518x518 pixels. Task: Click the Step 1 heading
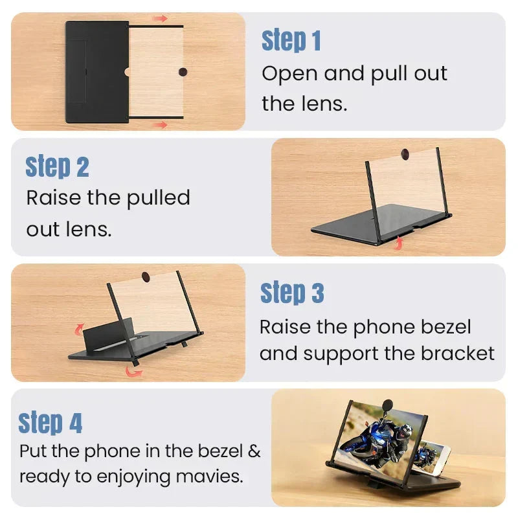291,40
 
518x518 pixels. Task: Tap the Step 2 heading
57,166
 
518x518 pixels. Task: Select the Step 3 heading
292,293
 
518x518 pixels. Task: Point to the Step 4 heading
51,423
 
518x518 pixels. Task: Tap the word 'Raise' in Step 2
54,197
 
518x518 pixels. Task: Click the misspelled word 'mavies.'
209,477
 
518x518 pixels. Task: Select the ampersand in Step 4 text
254,451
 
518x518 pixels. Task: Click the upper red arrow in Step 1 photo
161,19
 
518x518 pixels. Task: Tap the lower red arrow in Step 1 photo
161,125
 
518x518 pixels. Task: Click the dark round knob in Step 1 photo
183,72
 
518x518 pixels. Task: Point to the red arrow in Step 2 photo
399,243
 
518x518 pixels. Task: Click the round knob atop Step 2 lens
405,154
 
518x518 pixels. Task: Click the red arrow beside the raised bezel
79,329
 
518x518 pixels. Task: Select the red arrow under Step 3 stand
134,371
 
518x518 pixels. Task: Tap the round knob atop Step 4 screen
387,405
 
